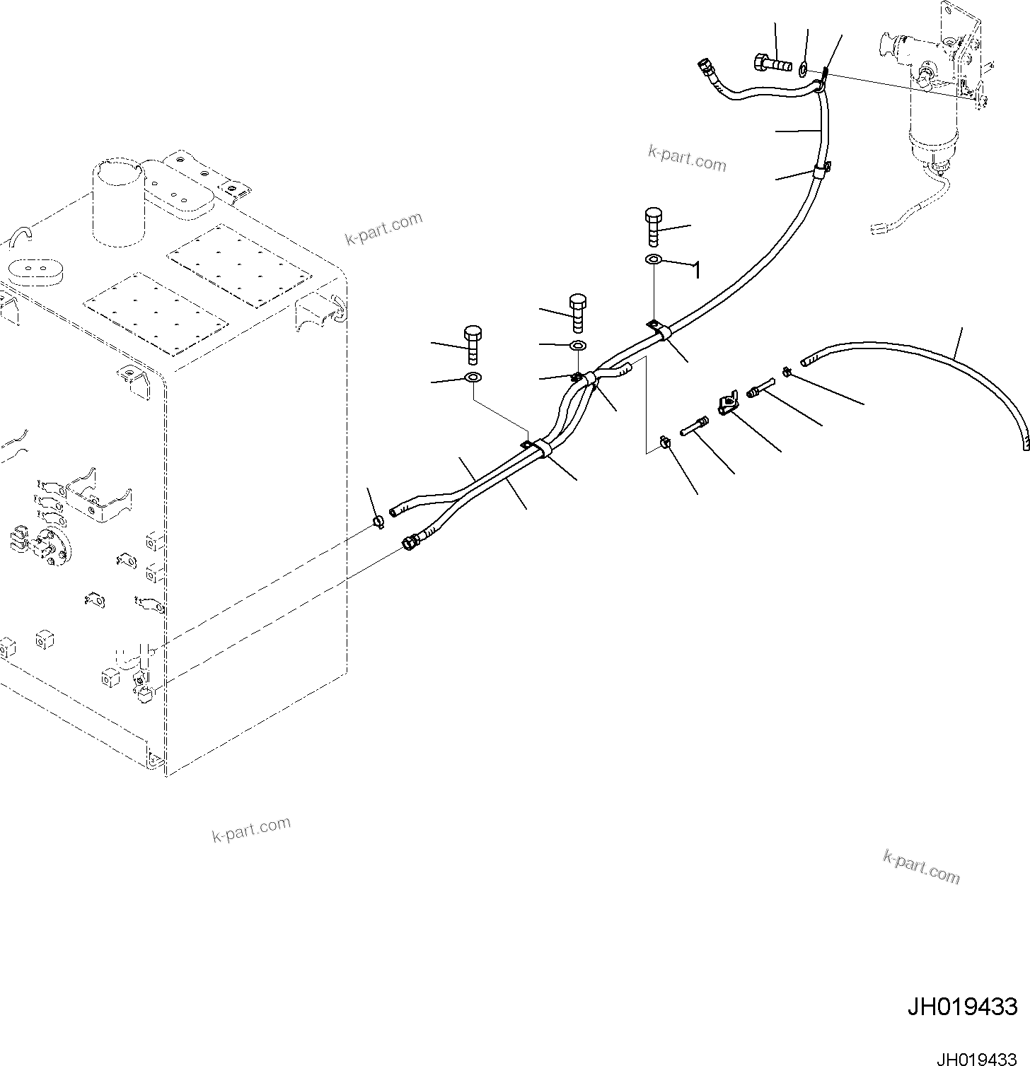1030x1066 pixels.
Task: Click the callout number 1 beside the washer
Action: click(x=696, y=270)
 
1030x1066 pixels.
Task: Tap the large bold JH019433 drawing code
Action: click(x=962, y=1006)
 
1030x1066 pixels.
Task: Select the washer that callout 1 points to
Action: click(x=653, y=260)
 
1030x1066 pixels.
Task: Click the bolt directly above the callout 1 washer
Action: click(x=653, y=225)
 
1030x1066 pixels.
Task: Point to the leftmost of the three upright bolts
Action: click(x=472, y=344)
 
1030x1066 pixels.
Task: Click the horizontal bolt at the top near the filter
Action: click(x=772, y=64)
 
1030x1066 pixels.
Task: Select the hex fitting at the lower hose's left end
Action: click(x=409, y=543)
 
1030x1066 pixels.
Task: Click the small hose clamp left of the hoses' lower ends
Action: click(x=378, y=522)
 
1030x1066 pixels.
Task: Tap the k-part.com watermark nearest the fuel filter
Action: click(x=687, y=158)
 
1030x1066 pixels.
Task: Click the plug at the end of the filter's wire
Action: click(x=878, y=228)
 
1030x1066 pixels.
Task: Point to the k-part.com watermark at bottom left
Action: click(x=251, y=830)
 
